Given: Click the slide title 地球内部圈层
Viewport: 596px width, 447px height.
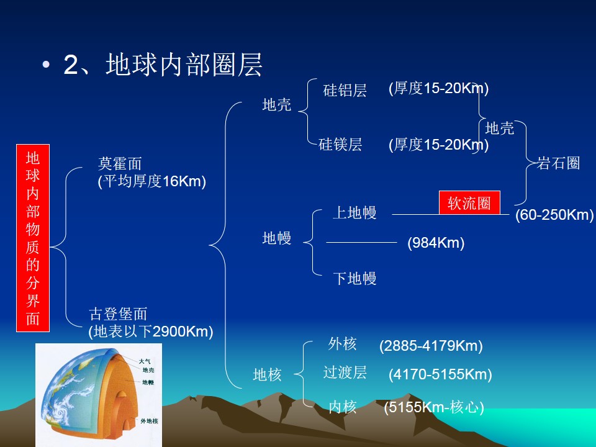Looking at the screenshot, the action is (x=184, y=65).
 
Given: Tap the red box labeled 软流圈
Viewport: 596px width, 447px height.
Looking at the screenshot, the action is (x=469, y=202).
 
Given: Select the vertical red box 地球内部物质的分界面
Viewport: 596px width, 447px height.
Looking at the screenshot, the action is (x=33, y=238).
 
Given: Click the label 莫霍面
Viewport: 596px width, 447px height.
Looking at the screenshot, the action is (x=120, y=164).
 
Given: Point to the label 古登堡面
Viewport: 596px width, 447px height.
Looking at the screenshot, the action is (x=118, y=314).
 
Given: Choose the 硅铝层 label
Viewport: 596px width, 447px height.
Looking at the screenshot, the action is (x=345, y=91).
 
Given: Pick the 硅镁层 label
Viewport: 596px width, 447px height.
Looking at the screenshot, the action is (x=340, y=145).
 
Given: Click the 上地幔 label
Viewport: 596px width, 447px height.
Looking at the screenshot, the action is (x=354, y=212).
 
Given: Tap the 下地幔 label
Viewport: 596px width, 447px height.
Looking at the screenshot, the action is (x=354, y=278).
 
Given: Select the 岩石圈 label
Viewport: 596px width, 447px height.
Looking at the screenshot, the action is (x=558, y=163).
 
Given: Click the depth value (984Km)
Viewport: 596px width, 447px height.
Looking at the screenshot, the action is (x=436, y=243).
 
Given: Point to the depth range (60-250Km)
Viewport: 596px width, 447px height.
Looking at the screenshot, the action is (x=554, y=215).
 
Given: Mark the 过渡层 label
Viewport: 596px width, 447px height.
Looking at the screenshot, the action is (x=345, y=372).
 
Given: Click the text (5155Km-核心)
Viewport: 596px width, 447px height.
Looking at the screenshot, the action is (x=434, y=407).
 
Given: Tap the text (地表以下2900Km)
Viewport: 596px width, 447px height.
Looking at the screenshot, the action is (x=151, y=332).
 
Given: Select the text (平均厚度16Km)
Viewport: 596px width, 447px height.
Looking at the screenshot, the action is (x=152, y=181).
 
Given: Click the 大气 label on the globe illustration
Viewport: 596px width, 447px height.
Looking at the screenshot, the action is (x=145, y=361).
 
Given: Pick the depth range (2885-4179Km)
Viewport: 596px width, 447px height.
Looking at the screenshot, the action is (x=431, y=346).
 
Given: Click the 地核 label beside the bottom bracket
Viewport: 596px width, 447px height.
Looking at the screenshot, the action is (x=267, y=375).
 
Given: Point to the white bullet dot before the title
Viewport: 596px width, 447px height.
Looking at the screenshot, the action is (x=46, y=65).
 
